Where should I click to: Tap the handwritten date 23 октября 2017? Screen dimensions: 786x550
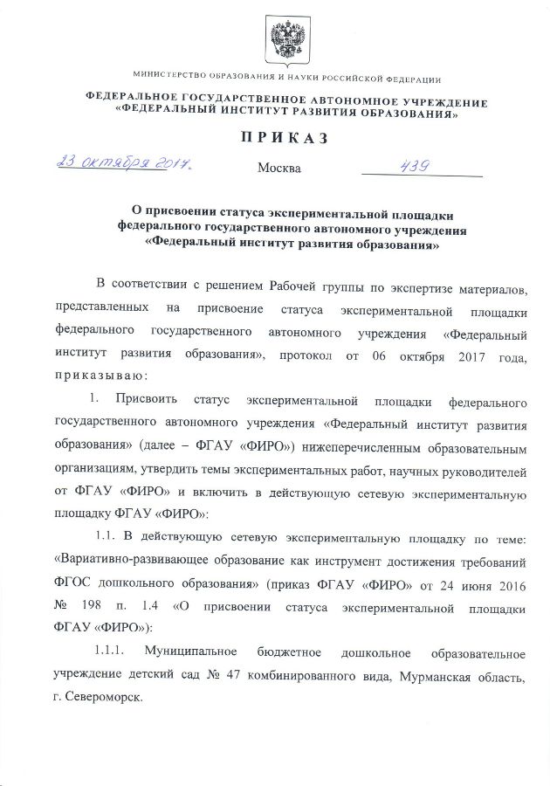coord(123,163)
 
